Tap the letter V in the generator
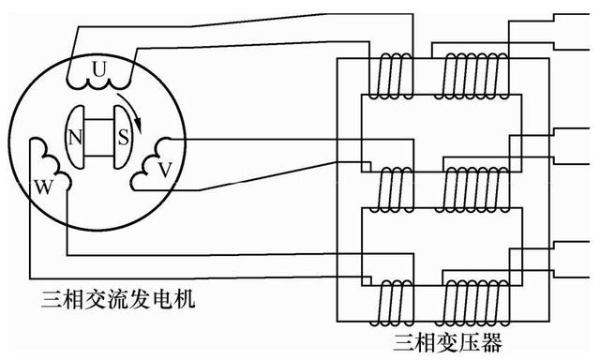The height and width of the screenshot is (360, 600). tap(165, 170)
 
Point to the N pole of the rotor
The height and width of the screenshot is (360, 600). tap(75, 137)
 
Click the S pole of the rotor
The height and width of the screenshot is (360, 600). tap(123, 137)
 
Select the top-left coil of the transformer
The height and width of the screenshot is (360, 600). tap(390, 75)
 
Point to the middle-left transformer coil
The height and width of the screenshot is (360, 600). tap(390, 190)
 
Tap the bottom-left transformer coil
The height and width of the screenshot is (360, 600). tap(390, 301)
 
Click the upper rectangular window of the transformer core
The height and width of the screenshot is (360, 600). tap(435, 131)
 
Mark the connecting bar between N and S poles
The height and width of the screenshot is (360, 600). tap(98, 137)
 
